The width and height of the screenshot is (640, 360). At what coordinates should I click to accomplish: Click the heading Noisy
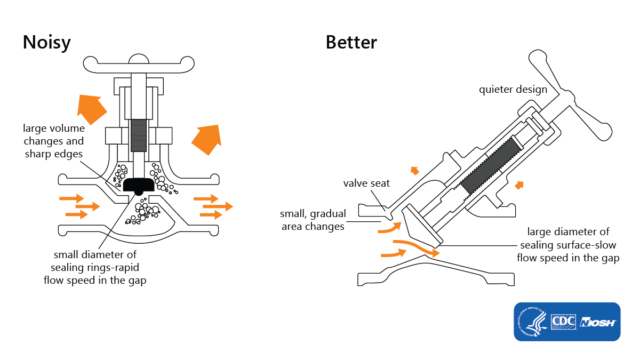(46, 43)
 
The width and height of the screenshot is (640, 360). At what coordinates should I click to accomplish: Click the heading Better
(351, 43)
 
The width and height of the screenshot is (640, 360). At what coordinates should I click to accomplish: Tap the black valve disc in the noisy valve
(139, 185)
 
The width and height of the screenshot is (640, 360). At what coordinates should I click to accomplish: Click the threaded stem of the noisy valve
(138, 135)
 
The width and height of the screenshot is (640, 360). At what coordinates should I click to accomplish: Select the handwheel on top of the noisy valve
(138, 64)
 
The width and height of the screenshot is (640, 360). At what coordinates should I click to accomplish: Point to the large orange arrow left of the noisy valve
(89, 108)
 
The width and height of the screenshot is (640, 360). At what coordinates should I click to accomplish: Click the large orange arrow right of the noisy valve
(207, 138)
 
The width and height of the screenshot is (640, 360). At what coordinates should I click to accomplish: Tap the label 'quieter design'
(513, 89)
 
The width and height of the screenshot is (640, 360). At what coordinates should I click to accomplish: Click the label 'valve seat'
(366, 183)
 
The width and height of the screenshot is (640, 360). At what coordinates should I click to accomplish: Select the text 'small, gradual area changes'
(313, 220)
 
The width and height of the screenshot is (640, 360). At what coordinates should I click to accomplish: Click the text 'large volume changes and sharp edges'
(53, 141)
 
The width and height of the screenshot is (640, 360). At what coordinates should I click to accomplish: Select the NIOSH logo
(598, 323)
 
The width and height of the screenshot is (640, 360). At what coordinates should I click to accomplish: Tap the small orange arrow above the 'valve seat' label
(414, 171)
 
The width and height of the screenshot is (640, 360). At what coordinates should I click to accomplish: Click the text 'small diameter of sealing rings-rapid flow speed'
(94, 267)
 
